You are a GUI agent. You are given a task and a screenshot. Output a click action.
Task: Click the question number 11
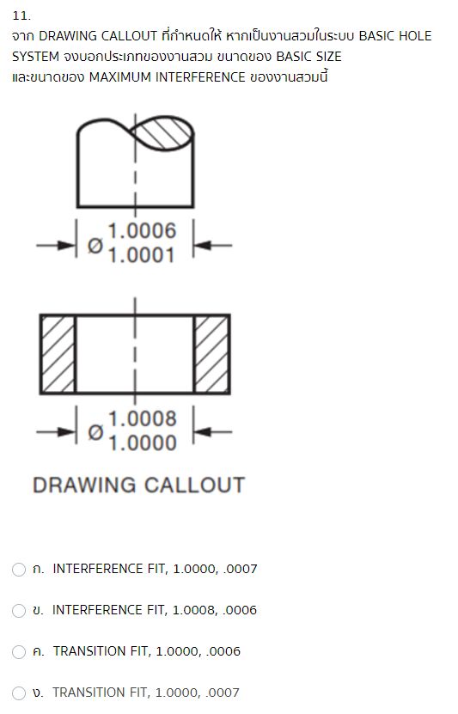[x=21, y=15]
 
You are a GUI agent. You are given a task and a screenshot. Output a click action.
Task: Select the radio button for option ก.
[x=19, y=569]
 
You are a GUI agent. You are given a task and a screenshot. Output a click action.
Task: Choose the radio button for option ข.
[x=19, y=610]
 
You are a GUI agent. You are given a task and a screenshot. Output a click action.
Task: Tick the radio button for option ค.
[x=19, y=651]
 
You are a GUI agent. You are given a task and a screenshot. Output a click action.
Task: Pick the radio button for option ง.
[x=19, y=693]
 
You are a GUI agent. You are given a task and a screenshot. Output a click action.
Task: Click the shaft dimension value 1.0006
[x=142, y=230]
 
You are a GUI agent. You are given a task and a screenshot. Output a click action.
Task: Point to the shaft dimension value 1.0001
[x=142, y=254]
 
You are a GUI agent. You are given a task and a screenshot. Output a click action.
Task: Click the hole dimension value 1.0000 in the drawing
[x=142, y=442]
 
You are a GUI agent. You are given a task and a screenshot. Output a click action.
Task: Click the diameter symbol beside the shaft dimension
[x=96, y=245]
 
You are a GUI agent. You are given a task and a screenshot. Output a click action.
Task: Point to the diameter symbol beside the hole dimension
[x=96, y=431]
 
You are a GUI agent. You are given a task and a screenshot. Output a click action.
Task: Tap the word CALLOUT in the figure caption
[x=193, y=485]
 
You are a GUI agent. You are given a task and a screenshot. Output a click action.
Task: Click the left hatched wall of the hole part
[x=58, y=353]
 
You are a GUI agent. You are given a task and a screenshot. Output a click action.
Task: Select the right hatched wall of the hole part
[x=211, y=353]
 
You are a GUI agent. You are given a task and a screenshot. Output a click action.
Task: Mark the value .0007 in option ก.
[x=241, y=569]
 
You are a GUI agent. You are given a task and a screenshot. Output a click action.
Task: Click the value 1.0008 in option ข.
[x=197, y=610]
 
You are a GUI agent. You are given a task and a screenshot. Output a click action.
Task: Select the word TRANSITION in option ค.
[x=90, y=651]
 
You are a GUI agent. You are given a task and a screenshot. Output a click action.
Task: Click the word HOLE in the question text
[x=414, y=36]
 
